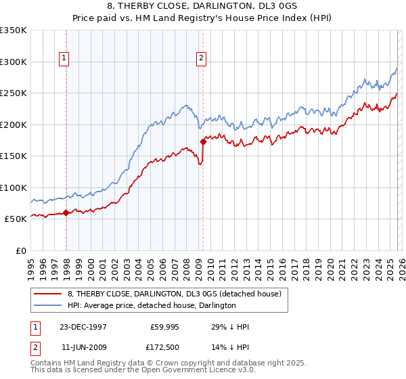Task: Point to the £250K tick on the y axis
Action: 14,93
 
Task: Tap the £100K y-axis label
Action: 14,187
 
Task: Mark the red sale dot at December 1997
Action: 66,213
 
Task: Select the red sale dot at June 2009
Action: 203,142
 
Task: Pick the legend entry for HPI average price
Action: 152,305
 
